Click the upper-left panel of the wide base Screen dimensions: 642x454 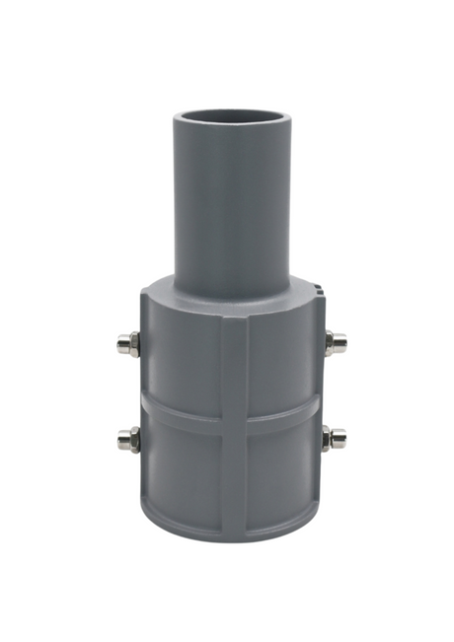click(x=183, y=360)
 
